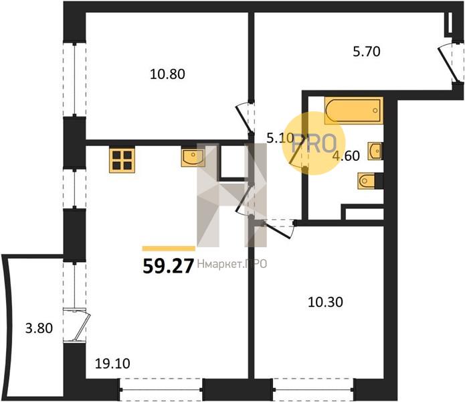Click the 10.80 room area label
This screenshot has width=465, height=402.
pyautogui.click(x=167, y=74)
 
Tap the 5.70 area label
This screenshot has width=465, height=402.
pyautogui.click(x=367, y=52)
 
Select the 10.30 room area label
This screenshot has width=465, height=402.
pyautogui.click(x=325, y=302)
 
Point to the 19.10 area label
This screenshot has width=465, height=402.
pyautogui.click(x=112, y=364)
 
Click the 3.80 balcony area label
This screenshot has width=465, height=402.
pyautogui.click(x=39, y=329)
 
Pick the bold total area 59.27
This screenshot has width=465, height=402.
pyautogui.click(x=168, y=266)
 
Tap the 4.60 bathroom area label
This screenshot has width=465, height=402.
pyautogui.click(x=346, y=156)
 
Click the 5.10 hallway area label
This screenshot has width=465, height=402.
pyautogui.click(x=280, y=138)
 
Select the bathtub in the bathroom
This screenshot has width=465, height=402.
pyautogui.click(x=354, y=110)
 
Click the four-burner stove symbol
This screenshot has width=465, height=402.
pyautogui.click(x=122, y=160)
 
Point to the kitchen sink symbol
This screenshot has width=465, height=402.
pyautogui.click(x=193, y=157)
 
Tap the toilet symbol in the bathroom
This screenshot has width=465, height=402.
pyautogui.click(x=367, y=180)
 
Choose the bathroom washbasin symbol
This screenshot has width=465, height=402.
pyautogui.click(x=375, y=151)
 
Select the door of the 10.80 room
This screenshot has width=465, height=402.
pyautogui.click(x=245, y=118)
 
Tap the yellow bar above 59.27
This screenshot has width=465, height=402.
pyautogui.click(x=169, y=249)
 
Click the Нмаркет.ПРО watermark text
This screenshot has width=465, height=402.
pyautogui.click(x=232, y=264)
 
